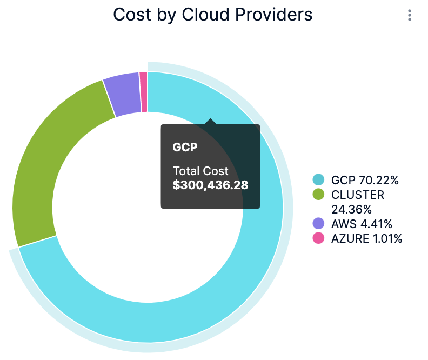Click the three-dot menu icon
click(x=410, y=15)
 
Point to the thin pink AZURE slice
click(x=143, y=92)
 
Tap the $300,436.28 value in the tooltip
click(x=210, y=185)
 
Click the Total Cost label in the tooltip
click(x=200, y=171)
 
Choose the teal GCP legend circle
click(x=318, y=179)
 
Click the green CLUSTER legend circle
click(x=318, y=194)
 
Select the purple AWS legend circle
click(x=318, y=223)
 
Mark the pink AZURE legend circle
click(x=318, y=238)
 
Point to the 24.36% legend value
click(x=348, y=209)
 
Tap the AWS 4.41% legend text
click(x=361, y=223)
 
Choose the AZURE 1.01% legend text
click(x=366, y=238)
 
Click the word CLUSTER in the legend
click(x=357, y=194)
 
